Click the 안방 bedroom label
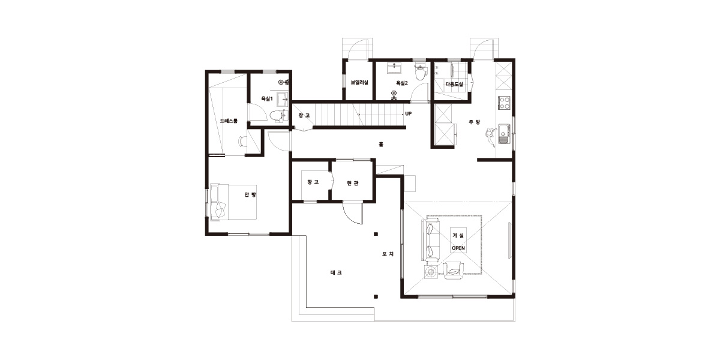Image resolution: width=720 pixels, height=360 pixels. [x=250, y=194]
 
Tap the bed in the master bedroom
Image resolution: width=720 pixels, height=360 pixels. [x=233, y=202]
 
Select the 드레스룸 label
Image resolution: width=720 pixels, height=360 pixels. [x=229, y=121]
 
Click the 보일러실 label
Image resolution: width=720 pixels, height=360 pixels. [x=359, y=83]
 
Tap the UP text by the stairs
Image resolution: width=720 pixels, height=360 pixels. [x=408, y=114]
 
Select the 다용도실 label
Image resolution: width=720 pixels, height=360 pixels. [x=454, y=85]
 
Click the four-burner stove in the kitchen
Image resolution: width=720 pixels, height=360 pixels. [x=504, y=103]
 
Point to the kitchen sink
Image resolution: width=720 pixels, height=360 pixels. [x=504, y=133]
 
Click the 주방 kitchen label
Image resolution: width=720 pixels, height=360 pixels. [x=475, y=122]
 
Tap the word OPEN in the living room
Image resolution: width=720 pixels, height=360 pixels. [x=458, y=248]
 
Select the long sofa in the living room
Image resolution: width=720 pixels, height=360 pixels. [x=431, y=239]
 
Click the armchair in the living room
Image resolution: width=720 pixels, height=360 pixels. [x=453, y=271]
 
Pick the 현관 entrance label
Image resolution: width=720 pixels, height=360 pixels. [x=353, y=183]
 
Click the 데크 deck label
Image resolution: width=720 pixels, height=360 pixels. [x=336, y=272]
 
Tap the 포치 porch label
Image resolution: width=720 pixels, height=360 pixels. [x=388, y=254]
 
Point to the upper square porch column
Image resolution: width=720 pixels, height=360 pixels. [x=376, y=235]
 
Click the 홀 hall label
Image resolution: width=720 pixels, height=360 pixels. [x=381, y=145]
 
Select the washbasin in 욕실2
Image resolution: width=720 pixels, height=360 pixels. [x=394, y=68]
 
